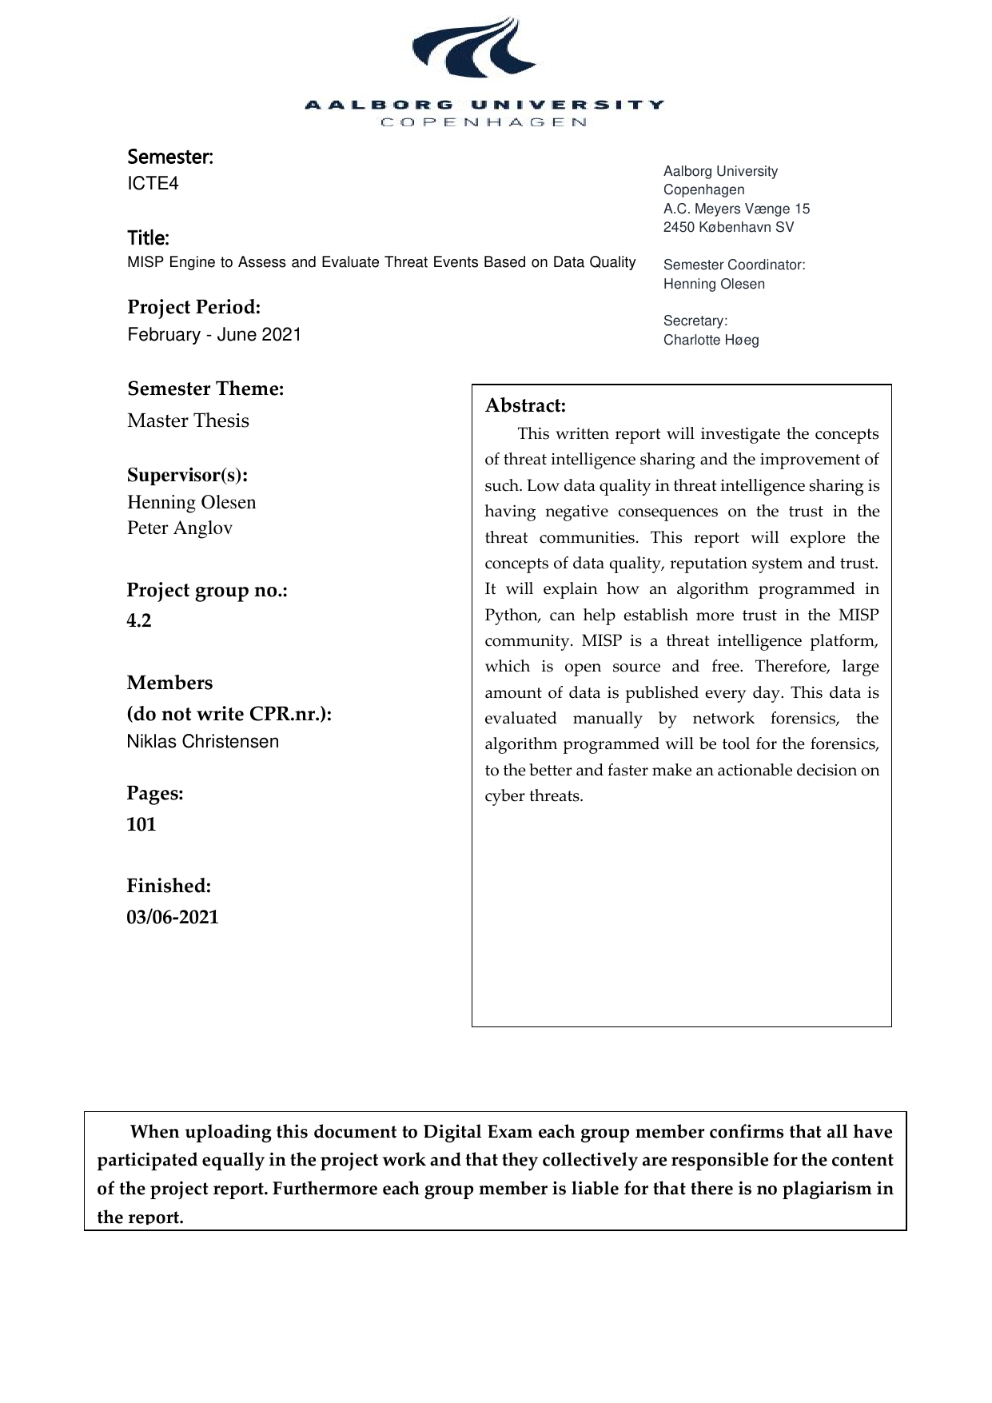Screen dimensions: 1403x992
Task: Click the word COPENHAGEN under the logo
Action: tap(484, 122)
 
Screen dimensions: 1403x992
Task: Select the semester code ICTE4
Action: tap(153, 184)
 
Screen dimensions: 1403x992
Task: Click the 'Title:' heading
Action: tap(148, 238)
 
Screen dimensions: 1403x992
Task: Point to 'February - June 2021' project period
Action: tap(214, 335)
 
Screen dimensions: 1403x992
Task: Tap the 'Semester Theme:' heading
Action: tap(205, 389)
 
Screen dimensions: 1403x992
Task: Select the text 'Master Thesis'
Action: tap(188, 421)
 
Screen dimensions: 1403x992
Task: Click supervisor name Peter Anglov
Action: tap(180, 528)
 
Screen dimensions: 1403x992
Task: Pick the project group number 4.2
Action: tap(139, 621)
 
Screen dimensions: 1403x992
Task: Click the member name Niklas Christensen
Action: tap(203, 742)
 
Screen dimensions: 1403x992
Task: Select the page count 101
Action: tap(141, 825)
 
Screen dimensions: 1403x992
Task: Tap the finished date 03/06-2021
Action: tap(173, 918)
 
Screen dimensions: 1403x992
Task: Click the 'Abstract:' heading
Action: tap(525, 406)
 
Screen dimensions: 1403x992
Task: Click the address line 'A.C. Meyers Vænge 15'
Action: tap(736, 209)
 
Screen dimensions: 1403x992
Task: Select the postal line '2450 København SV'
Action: tap(728, 227)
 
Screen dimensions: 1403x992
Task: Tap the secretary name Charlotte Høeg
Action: tap(711, 341)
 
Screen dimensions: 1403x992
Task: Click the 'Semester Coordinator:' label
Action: tap(734, 265)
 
